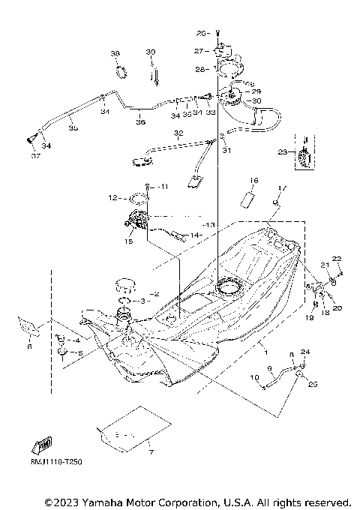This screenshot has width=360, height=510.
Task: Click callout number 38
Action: click(x=115, y=54)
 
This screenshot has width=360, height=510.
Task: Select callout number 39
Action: click(x=150, y=52)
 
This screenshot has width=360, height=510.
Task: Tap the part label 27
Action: click(x=199, y=51)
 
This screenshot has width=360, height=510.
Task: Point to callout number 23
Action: click(x=281, y=151)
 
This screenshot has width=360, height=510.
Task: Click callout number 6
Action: click(x=28, y=346)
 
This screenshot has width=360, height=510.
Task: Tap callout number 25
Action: click(x=312, y=383)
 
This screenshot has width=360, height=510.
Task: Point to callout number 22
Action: click(x=337, y=259)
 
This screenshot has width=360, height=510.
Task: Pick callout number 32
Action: click(x=178, y=133)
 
